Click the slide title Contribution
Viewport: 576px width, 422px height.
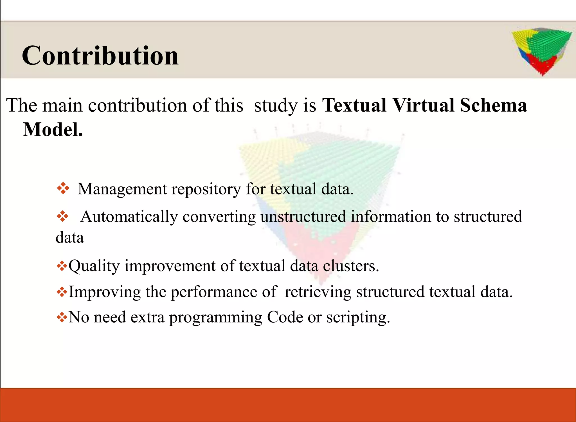(100, 55)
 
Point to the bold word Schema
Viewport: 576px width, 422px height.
(493, 105)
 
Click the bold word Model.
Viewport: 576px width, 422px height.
(53, 130)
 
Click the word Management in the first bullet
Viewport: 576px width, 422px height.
(122, 189)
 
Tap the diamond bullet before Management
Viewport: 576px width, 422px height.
(63, 188)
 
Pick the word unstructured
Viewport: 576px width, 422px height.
(303, 217)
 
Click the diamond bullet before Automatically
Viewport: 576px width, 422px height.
(62, 217)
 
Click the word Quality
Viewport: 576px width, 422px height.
(94, 266)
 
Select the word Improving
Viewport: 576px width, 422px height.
(105, 292)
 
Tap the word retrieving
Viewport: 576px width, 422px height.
(318, 292)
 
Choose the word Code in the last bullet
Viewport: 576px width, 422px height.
(285, 317)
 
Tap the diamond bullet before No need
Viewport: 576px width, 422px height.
(62, 318)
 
